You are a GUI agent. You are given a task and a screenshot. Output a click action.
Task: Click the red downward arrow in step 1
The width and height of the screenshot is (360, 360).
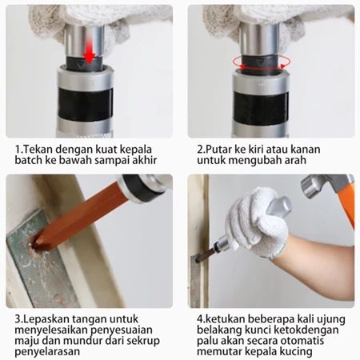(x=89, y=51)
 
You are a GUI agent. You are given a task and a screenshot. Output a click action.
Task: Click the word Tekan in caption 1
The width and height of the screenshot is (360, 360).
(x=38, y=150)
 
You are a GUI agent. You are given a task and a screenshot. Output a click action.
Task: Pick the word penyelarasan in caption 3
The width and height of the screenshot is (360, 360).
(x=47, y=352)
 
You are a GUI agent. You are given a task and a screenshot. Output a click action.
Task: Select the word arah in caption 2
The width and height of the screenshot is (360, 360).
(x=295, y=160)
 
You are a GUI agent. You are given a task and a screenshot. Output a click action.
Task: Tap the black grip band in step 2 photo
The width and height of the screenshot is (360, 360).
(x=261, y=109)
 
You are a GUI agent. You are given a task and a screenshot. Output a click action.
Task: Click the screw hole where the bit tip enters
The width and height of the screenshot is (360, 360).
(x=35, y=245)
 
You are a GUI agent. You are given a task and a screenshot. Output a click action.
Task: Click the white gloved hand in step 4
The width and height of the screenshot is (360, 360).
(x=256, y=222)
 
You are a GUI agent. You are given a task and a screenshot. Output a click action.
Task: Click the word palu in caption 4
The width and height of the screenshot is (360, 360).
(x=207, y=341)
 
